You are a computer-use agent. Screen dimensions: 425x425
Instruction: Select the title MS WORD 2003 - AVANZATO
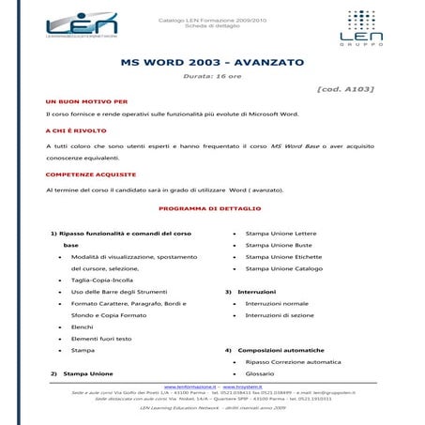(x=212, y=63)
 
